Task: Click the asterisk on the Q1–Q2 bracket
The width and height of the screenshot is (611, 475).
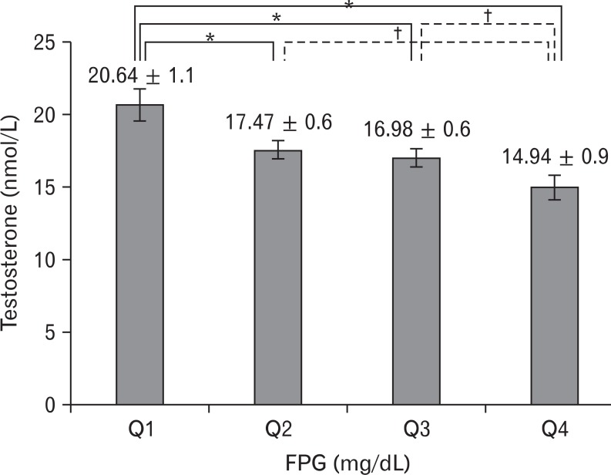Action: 209,36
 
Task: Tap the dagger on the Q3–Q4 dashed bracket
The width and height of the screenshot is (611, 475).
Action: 488,15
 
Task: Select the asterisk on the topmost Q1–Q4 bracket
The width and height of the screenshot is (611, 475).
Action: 348,5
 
